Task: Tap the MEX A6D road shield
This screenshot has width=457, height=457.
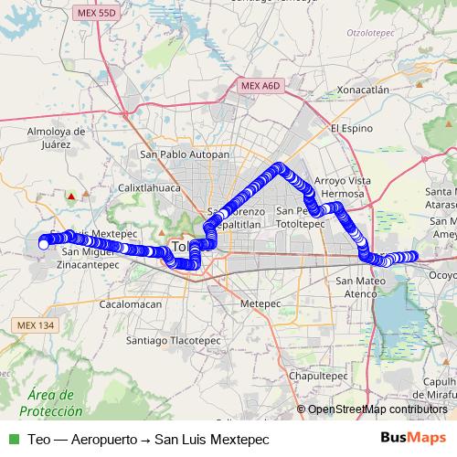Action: [x=261, y=85]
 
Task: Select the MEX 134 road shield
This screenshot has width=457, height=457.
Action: [x=36, y=325]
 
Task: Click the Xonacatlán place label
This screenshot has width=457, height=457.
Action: [x=363, y=90]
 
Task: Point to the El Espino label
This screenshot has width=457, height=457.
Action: [x=348, y=128]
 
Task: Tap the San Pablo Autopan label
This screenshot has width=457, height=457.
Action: [x=184, y=154]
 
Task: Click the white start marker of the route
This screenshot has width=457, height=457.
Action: [x=43, y=244]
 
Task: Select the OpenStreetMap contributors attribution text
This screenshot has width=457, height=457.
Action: [x=377, y=409]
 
